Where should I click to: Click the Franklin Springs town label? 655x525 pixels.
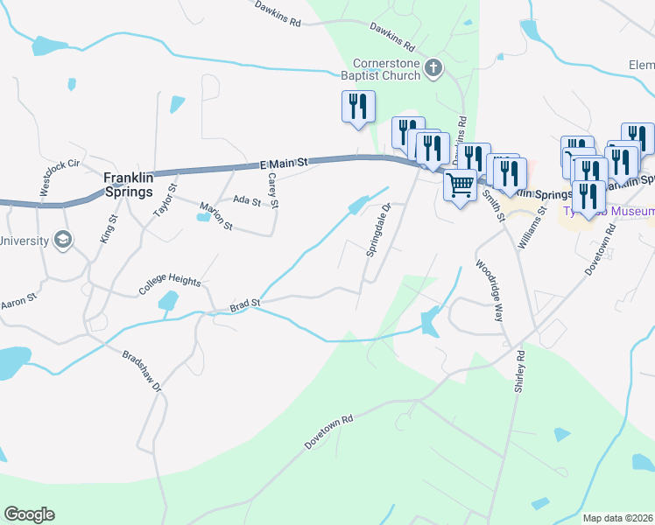tap(130, 184)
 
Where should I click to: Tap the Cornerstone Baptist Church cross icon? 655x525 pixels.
tap(433, 68)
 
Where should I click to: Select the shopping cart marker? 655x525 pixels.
tap(460, 185)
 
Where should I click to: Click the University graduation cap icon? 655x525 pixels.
tap(63, 239)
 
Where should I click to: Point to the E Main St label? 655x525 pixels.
tap(285, 164)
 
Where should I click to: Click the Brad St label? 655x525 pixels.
tap(245, 304)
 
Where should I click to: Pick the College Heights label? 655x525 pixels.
tap(169, 284)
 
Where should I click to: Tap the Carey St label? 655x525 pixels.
tap(273, 190)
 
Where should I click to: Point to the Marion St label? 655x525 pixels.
tap(215, 218)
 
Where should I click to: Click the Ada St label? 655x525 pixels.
tap(246, 201)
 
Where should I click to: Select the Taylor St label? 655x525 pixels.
tap(165, 199)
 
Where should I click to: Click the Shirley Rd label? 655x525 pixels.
tap(519, 371)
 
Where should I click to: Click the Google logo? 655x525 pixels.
tap(29, 514)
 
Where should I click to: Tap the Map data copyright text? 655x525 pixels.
tap(618, 518)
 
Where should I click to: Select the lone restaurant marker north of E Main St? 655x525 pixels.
tap(358, 108)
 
